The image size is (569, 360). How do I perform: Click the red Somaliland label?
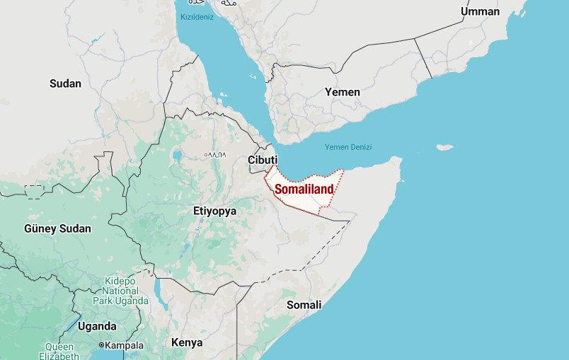tap(304, 190)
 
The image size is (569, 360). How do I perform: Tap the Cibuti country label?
tap(263, 160)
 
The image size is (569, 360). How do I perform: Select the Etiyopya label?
tap(214, 211)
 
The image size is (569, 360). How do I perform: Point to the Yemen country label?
tap(342, 92)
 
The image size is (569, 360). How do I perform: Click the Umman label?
tap(480, 11)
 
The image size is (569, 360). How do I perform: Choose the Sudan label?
tap(65, 83)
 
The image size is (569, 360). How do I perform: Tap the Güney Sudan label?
tap(57, 228)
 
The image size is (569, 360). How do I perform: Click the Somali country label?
tap(304, 305)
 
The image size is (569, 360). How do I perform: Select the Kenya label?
tap(187, 342)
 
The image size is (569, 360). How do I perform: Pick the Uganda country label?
tap(97, 326)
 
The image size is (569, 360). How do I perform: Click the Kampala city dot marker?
tap(102, 346)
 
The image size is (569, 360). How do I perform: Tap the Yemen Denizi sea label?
tap(348, 147)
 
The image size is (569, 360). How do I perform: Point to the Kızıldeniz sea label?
tap(196, 16)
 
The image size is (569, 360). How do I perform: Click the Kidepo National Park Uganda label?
tap(120, 291)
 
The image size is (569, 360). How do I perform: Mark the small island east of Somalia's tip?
tap(444, 148)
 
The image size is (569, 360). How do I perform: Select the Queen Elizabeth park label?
tap(59, 352)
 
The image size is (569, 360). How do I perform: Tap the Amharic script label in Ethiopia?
tap(215, 153)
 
